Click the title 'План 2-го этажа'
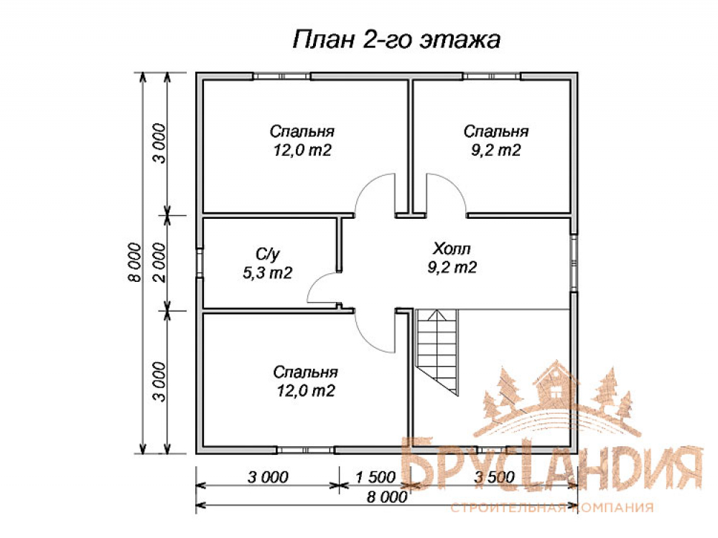click(x=396, y=39)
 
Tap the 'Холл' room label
click(x=452, y=249)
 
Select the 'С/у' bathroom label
click(x=267, y=255)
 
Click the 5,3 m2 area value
click(x=267, y=273)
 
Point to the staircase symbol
click(x=437, y=351)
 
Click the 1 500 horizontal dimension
click(x=376, y=477)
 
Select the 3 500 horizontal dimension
click(x=495, y=477)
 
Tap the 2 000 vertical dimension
click(x=159, y=263)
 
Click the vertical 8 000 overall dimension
click(x=135, y=263)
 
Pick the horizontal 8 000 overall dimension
click(x=387, y=497)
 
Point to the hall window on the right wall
click(x=574, y=263)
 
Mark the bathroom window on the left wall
click(x=200, y=263)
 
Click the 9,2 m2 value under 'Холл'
click(x=452, y=267)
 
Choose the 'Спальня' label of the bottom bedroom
click(x=305, y=372)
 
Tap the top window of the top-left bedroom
click(x=282, y=76)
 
